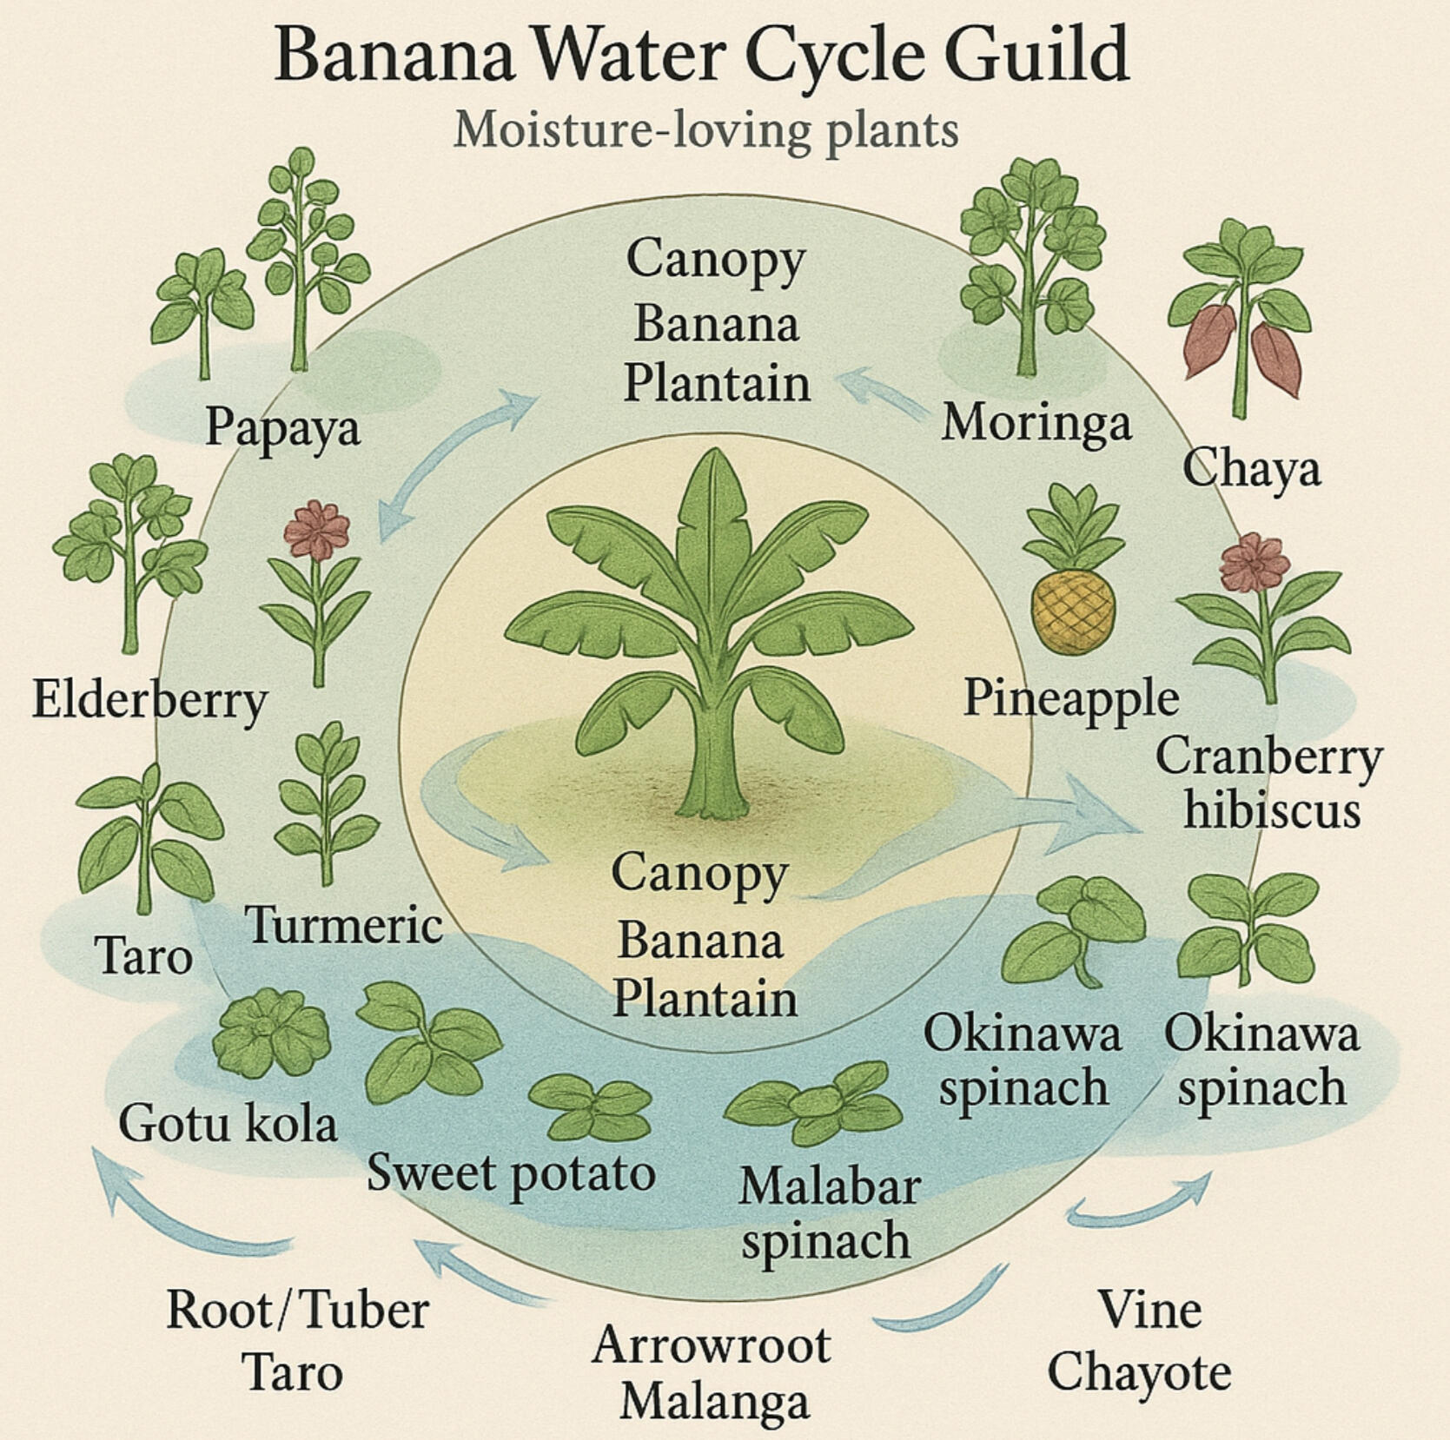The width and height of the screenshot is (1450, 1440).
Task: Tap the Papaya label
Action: [x=282, y=428]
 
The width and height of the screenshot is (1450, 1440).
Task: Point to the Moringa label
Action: [x=1036, y=423]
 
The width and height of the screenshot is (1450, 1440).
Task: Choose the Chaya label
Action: [x=1251, y=470]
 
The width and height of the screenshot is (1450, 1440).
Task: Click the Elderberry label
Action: [x=149, y=701]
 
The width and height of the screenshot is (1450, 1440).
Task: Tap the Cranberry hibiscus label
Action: [x=1269, y=783]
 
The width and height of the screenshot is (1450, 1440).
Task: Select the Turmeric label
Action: [x=344, y=924]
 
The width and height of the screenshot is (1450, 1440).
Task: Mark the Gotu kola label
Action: [x=228, y=1123]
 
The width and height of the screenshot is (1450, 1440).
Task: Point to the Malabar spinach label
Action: [x=828, y=1212]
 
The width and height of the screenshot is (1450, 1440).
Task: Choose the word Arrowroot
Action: [x=712, y=1345]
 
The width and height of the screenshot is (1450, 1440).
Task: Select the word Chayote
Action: [x=1139, y=1373]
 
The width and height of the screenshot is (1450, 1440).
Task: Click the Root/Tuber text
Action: [x=297, y=1311]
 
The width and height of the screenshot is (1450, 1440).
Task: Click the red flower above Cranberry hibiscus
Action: [x=1254, y=563]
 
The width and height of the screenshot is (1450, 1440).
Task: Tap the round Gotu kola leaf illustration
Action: [x=270, y=1033]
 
